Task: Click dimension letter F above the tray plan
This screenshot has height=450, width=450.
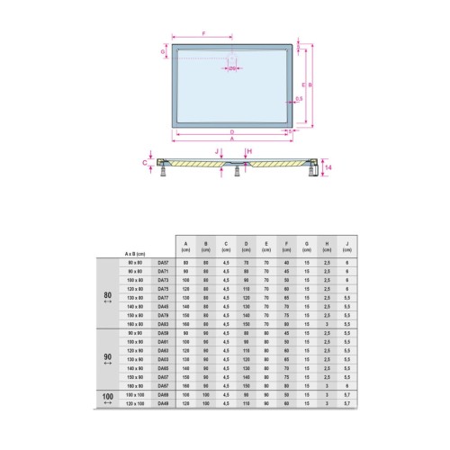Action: point(204,33)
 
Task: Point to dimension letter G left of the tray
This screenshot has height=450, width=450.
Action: point(163,53)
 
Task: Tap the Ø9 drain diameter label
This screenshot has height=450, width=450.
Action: point(232,68)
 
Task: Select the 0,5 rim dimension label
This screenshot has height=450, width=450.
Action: point(299,99)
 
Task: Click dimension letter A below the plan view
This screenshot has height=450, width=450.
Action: point(232,139)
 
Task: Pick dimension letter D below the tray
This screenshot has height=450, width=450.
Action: point(232,131)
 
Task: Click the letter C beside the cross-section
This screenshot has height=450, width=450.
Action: point(146,164)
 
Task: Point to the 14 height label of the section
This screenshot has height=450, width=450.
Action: point(329,168)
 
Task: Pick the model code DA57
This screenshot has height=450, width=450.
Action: point(163,262)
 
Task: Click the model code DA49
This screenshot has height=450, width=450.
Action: point(163,403)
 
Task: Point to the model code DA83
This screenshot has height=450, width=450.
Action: point(163,324)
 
